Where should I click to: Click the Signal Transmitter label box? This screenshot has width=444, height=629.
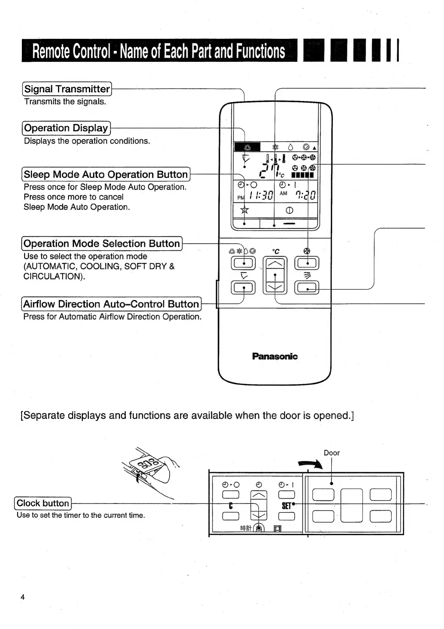(67, 89)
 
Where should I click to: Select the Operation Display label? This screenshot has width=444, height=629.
(66, 128)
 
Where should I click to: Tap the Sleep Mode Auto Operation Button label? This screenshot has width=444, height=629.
(106, 174)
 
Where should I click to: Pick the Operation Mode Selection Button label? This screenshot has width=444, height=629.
(102, 243)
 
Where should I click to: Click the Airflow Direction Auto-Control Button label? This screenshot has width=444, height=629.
(111, 304)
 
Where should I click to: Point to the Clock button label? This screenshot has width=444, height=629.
(43, 503)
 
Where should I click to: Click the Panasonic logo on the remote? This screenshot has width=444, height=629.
(275, 356)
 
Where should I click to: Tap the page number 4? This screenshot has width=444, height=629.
(23, 597)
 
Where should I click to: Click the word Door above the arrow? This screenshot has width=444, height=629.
(331, 453)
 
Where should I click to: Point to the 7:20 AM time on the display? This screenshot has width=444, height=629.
(305, 195)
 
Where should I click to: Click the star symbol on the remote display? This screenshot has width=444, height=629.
(245, 210)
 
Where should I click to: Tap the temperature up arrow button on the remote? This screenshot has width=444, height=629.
(275, 263)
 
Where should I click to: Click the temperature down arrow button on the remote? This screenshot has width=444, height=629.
(275, 288)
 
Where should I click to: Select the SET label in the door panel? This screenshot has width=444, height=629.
(287, 506)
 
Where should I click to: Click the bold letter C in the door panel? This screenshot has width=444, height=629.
(231, 506)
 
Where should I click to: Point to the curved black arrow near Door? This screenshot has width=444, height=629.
(311, 465)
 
